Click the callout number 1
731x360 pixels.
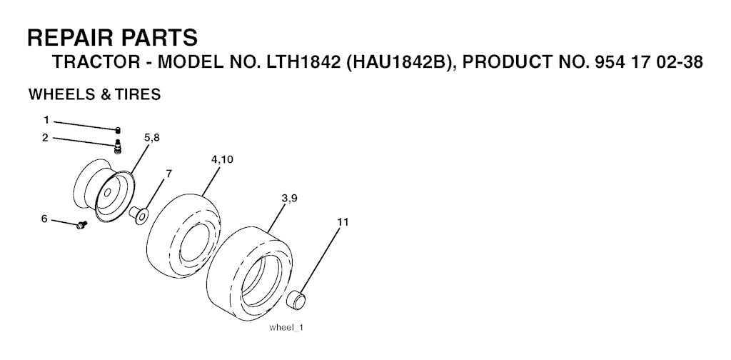click(46, 120)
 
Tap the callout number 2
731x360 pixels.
click(45, 138)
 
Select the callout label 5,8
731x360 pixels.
click(152, 138)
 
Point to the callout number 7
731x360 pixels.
click(168, 174)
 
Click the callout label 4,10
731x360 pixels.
click(223, 159)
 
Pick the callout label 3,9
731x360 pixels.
click(290, 198)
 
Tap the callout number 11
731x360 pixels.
click(343, 222)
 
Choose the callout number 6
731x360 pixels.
click(44, 219)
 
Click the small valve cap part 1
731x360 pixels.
click(118, 129)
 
